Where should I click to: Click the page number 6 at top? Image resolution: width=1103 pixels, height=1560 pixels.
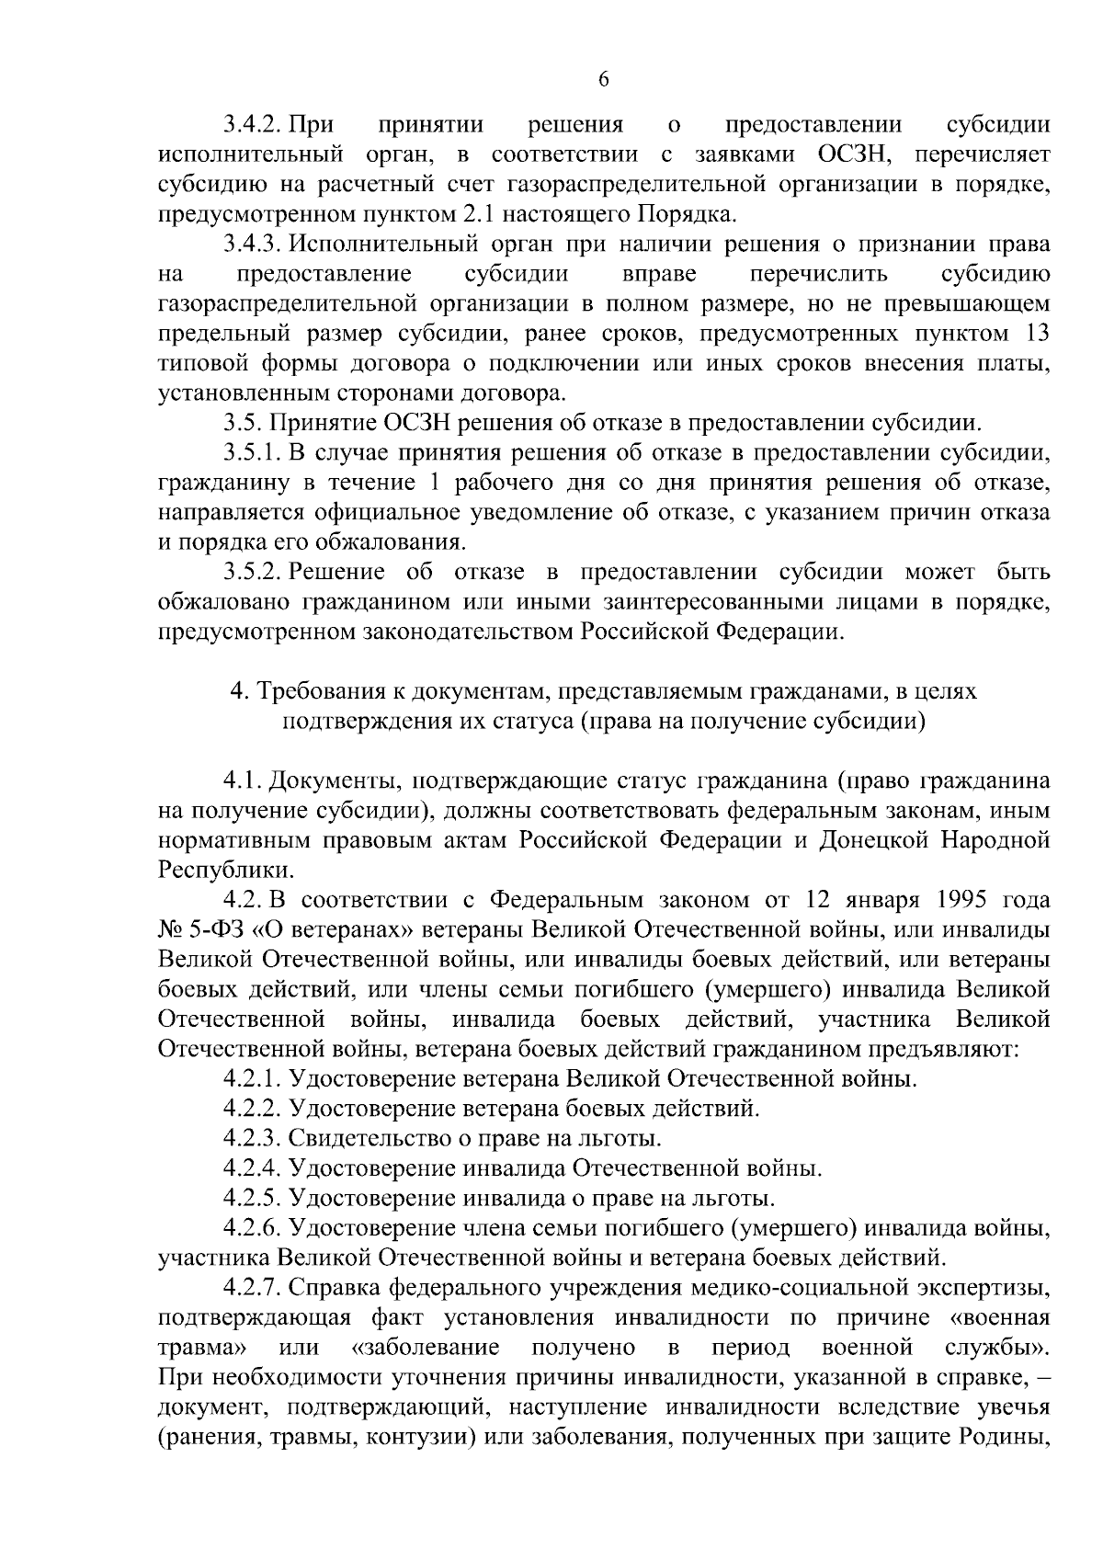(604, 80)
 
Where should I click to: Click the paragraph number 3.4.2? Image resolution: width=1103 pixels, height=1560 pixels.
(252, 125)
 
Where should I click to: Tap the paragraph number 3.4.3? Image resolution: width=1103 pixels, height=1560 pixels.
(252, 245)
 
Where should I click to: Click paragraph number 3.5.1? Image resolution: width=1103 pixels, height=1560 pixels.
(252, 453)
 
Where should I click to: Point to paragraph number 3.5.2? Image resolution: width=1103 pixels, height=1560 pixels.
(252, 573)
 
